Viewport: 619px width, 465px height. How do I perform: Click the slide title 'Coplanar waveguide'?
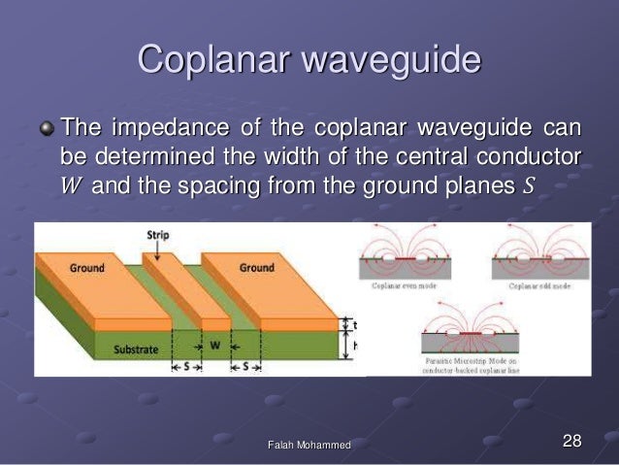coord(309,59)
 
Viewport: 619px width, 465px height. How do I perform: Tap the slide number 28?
coord(571,442)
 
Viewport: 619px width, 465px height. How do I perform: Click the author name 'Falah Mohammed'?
coord(309,445)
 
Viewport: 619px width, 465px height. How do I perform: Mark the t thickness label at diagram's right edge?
coord(353,326)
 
